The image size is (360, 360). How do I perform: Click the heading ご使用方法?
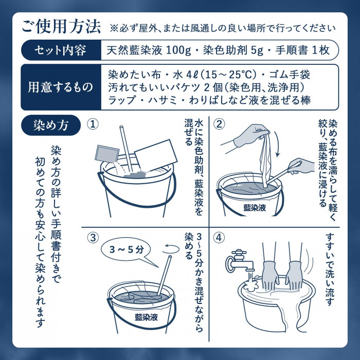coord(61,27)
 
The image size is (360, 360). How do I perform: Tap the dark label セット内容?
coord(61,50)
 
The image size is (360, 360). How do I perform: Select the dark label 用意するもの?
coord(61,87)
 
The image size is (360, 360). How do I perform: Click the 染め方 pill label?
coord(51,125)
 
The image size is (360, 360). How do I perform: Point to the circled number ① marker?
coord(93,124)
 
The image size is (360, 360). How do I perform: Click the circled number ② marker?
coord(219,124)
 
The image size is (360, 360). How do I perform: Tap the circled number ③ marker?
coord(93,238)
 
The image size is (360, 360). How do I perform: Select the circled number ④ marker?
coord(219,238)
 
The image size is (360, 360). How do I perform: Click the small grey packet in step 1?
coord(107,154)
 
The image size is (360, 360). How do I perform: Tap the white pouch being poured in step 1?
coord(156,156)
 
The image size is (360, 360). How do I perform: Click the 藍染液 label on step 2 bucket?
coord(255,208)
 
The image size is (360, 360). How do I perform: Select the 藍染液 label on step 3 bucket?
coord(147,317)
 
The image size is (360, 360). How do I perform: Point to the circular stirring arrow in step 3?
coord(171,249)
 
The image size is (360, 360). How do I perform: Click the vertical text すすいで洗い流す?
coord(330,270)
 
